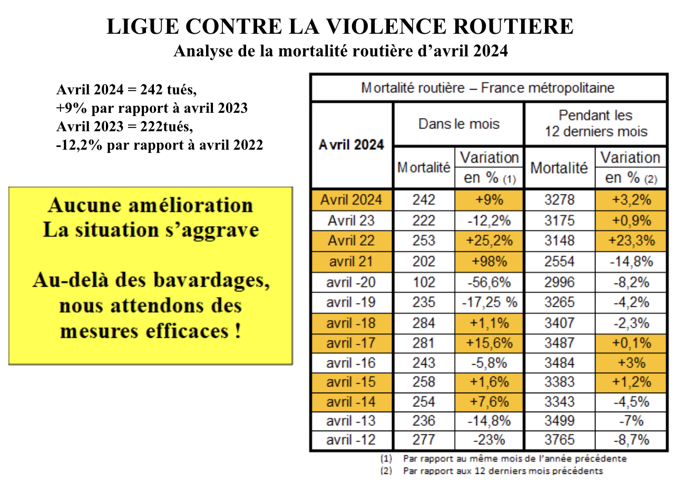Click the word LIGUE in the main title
143,26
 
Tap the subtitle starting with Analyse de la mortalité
341,51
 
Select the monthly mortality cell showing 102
424,282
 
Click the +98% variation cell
489,261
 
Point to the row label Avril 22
351,240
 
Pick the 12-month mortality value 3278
560,200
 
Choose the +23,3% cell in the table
631,240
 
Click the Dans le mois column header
459,124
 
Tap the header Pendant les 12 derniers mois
596,123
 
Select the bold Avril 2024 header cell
351,145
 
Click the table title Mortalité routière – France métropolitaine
487,88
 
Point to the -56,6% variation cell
489,282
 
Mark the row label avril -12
351,440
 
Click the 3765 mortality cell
560,440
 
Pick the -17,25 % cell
490,303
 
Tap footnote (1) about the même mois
504,459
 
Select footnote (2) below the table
492,471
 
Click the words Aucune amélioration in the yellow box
151,205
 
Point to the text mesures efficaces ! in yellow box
151,331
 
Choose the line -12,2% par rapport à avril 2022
159,145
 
